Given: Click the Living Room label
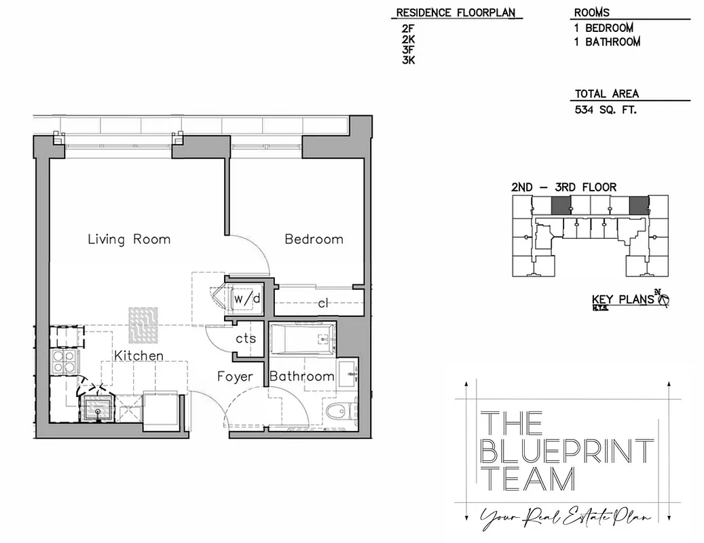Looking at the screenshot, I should [x=129, y=239].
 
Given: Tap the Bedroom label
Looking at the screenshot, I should [x=314, y=239].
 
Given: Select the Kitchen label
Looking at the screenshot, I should [x=138, y=356].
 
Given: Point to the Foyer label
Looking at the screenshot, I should [x=235, y=376].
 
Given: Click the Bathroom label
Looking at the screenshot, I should [x=302, y=376].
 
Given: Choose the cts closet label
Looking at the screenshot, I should [x=246, y=338].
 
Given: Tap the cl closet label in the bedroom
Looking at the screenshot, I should [x=323, y=303].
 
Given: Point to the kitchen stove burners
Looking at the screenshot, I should [x=64, y=361].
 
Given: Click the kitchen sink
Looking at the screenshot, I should [x=98, y=409].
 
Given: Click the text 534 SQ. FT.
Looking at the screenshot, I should [x=606, y=109].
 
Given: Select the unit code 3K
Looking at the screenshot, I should [x=408, y=60].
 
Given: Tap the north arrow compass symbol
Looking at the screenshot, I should [x=663, y=299].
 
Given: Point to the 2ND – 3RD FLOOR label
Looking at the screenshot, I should [x=563, y=187].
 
